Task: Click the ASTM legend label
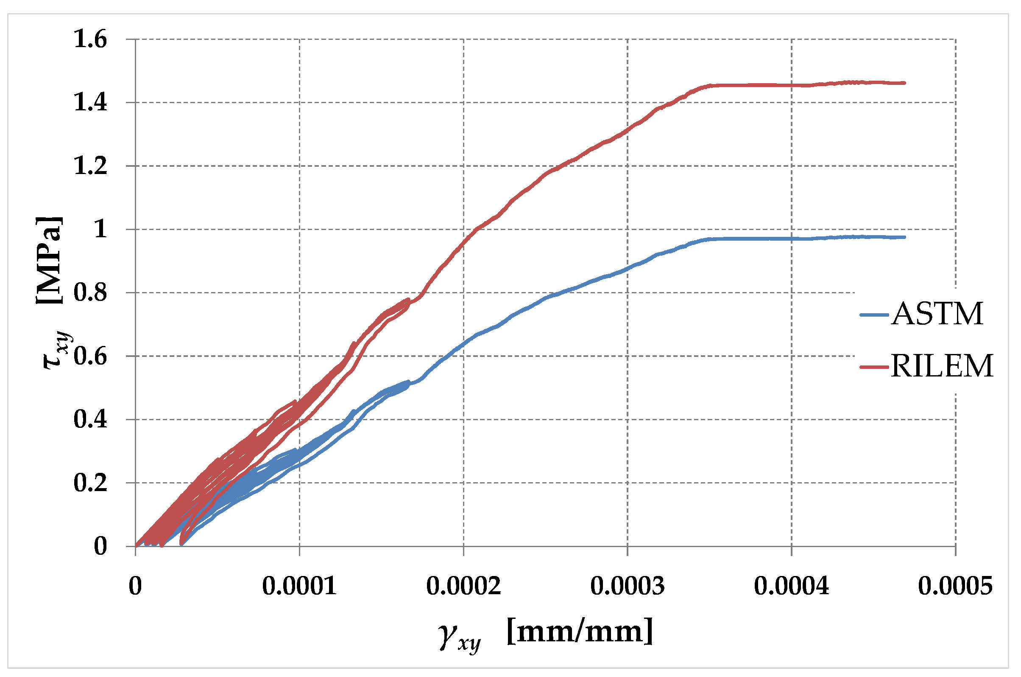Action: click(x=937, y=314)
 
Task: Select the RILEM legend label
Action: click(x=942, y=366)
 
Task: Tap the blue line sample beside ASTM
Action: click(x=874, y=315)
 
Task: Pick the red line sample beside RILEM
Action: click(x=874, y=367)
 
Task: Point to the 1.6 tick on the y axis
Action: click(x=90, y=39)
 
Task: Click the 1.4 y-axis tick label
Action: click(x=90, y=103)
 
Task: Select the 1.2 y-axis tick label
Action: click(x=90, y=166)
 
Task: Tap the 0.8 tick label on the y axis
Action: click(x=90, y=293)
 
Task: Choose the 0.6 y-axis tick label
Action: click(x=90, y=356)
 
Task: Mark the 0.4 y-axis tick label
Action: click(x=90, y=419)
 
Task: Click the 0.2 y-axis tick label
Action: click(x=90, y=483)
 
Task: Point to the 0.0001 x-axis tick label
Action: click(x=299, y=586)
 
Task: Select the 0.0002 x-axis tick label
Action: click(x=463, y=586)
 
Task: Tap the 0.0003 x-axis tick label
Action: click(x=627, y=586)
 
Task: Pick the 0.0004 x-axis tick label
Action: click(x=791, y=586)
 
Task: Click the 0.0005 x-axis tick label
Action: click(x=955, y=586)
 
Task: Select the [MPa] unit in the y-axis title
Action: click(x=49, y=260)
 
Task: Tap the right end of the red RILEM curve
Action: click(x=904, y=83)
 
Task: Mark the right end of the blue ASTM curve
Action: click(x=904, y=237)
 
